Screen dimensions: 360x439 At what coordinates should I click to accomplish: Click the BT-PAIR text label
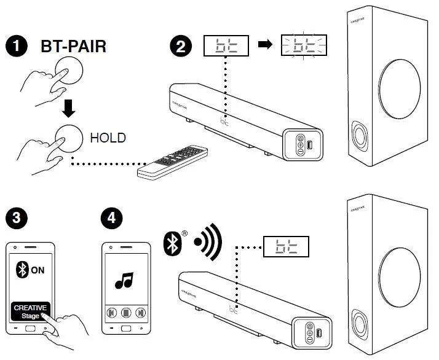(x=74, y=46)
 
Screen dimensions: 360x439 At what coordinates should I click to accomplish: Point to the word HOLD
(x=108, y=138)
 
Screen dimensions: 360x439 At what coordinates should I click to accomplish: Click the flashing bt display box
(x=304, y=47)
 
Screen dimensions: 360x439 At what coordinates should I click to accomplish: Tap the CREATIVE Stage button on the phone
(x=30, y=311)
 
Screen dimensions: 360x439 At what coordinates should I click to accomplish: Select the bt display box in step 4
(x=285, y=247)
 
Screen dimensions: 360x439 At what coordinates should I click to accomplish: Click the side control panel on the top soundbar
(x=304, y=144)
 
